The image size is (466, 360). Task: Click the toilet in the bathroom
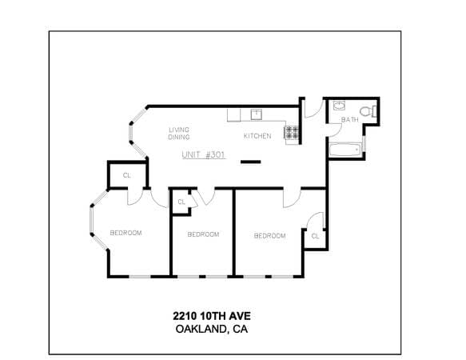point(368,111)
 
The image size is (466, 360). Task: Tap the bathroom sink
point(339,106)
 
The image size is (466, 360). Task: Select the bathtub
point(345,150)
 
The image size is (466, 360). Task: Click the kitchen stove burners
point(291,132)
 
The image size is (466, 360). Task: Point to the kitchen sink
point(257,114)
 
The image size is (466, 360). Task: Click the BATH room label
point(350,120)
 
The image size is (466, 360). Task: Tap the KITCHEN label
point(257,136)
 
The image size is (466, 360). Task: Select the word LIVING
point(179,130)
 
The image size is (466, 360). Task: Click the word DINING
point(179,137)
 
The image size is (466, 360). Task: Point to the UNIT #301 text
point(204,154)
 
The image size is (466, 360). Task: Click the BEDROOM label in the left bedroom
point(125,233)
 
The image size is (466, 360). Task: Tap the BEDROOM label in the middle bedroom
point(203,234)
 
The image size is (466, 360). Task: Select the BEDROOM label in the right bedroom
point(270,236)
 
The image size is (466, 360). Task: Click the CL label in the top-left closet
point(127,175)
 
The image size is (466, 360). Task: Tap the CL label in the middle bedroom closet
point(181,202)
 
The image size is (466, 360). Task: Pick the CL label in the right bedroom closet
point(315,236)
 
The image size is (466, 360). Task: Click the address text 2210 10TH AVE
point(212,316)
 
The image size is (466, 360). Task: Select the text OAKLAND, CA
point(212,329)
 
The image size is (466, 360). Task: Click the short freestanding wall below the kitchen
point(250,162)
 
